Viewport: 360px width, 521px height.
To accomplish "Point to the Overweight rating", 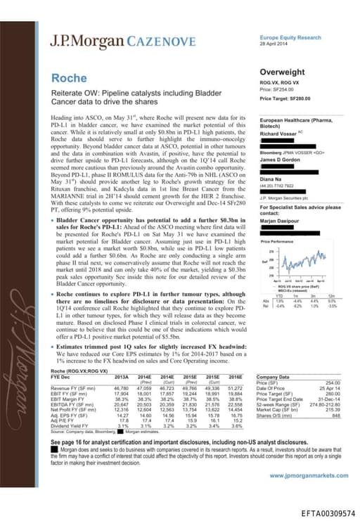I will [282, 72].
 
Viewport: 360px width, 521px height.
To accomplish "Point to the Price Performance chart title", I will [279, 241].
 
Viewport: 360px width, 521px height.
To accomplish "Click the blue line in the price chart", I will [299, 259].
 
